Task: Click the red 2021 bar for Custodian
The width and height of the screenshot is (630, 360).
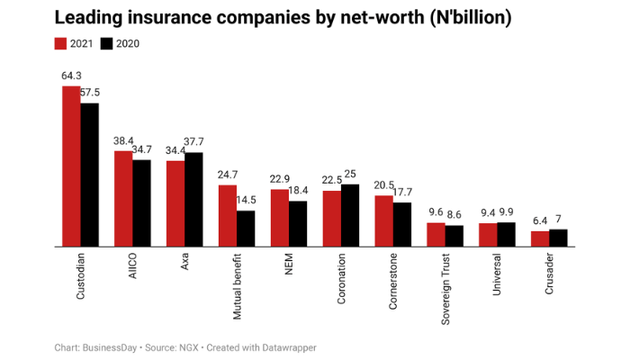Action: (70, 166)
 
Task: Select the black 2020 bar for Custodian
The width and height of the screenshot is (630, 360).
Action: (89, 175)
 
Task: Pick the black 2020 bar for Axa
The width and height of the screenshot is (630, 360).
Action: (193, 199)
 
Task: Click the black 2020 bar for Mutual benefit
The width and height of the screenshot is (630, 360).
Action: (246, 228)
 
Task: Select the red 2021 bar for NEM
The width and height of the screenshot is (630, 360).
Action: (280, 217)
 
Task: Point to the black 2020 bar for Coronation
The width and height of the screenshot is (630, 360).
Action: (350, 215)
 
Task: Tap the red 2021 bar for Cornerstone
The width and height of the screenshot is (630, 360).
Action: (384, 220)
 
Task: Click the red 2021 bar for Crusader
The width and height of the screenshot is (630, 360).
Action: (540, 238)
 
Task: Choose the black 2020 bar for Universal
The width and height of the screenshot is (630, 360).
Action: (506, 234)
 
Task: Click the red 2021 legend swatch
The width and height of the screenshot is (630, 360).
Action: (61, 43)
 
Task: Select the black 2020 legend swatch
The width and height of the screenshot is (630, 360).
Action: (106, 43)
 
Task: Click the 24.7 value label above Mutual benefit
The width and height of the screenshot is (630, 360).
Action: (228, 175)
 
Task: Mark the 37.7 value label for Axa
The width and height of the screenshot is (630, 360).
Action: (195, 141)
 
